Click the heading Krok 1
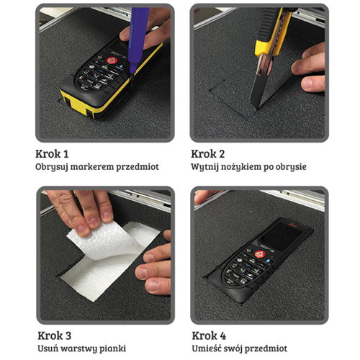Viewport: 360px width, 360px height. pos(52,154)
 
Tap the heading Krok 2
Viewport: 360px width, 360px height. pos(208,154)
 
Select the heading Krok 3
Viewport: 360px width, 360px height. pos(55,336)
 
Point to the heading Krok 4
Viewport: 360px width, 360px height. pos(209,336)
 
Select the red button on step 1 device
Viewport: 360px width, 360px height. pos(111,60)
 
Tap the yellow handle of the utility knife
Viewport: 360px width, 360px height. pos(274,34)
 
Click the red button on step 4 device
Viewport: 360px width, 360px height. pos(258,254)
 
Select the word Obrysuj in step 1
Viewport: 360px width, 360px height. pos(52,167)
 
